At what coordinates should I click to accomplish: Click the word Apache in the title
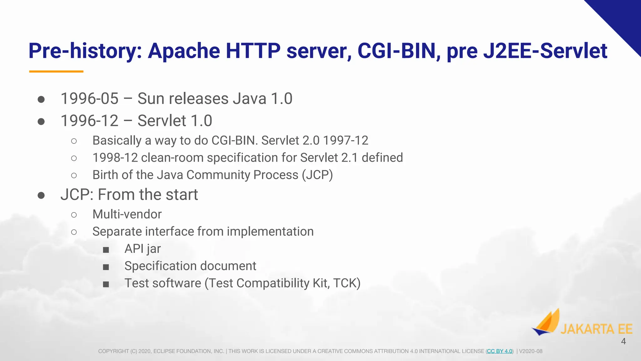[184, 51]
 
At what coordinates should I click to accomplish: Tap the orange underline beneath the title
[56, 71]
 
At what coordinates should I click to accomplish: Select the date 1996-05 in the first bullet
[90, 99]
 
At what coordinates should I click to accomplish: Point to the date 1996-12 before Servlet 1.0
[90, 121]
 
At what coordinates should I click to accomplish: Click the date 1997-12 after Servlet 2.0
[346, 141]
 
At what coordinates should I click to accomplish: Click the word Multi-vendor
[127, 214]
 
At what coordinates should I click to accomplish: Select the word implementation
[270, 232]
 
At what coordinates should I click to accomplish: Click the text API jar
[142, 249]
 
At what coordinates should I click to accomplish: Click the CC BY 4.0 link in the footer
[500, 351]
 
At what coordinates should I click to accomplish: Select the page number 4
[623, 342]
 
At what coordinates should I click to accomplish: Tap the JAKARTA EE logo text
[596, 329]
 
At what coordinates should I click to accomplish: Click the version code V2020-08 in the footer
[531, 351]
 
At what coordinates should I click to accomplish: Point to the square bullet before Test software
[106, 284]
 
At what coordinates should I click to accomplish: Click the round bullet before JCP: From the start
[41, 196]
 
